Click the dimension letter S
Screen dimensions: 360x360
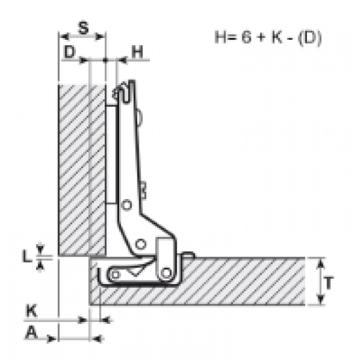(x=83, y=28)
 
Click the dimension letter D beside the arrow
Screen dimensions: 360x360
(x=70, y=52)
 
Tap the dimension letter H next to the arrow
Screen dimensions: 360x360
(x=137, y=52)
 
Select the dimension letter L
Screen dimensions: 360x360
(x=27, y=256)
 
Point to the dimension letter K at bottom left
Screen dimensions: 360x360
(x=31, y=310)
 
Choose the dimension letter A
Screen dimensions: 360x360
(x=31, y=333)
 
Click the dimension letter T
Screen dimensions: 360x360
(x=329, y=283)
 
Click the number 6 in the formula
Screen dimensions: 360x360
(x=246, y=37)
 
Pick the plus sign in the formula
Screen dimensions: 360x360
(x=261, y=37)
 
